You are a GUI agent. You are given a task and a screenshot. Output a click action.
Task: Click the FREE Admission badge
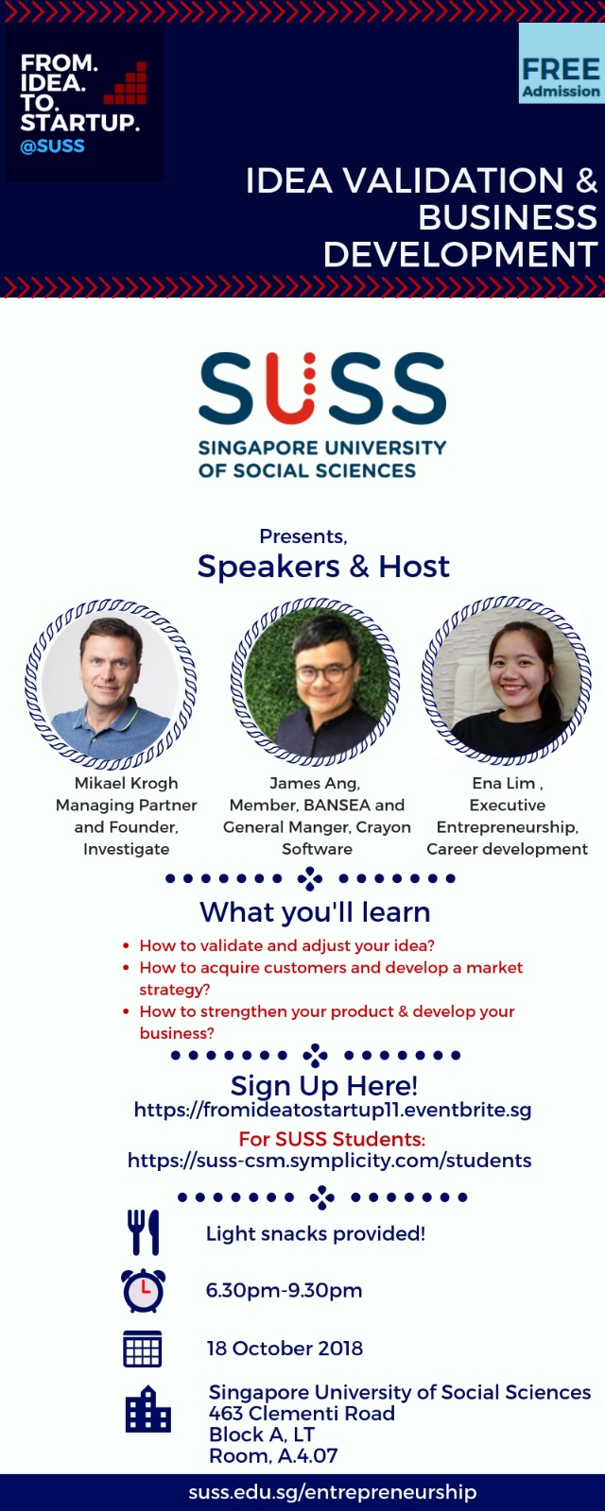[562, 63]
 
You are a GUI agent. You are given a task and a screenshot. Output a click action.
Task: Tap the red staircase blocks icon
[127, 84]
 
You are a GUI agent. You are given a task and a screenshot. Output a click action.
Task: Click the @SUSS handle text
[53, 146]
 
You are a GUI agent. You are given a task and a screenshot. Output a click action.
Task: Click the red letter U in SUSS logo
[292, 389]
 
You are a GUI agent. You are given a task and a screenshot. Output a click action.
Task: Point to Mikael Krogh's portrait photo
[110, 684]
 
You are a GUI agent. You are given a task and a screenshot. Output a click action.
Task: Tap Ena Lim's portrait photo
[507, 681]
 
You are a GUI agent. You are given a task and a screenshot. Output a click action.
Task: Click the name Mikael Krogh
[127, 783]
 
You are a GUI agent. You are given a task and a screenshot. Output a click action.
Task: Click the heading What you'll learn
[315, 912]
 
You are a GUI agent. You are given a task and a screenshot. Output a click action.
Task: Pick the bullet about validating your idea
[287, 945]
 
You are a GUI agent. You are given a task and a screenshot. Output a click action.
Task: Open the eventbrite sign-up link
[333, 1110]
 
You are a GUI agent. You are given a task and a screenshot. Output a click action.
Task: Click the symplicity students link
[330, 1161]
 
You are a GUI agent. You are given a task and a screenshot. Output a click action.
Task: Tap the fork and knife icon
[143, 1231]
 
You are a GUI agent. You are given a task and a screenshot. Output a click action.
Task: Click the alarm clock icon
[143, 1290]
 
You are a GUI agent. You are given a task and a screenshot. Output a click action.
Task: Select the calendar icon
[143, 1349]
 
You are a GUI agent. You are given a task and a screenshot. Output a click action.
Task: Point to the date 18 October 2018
[285, 1349]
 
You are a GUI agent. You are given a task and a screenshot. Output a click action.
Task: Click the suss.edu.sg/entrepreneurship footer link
[332, 1492]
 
